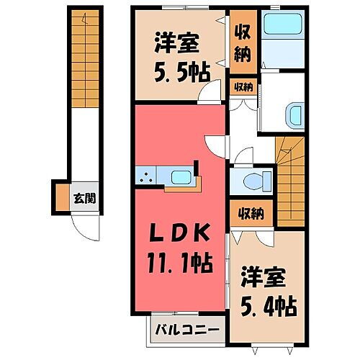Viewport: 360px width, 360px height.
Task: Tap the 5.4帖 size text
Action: click(268, 305)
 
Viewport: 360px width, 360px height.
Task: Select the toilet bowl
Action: click(251, 179)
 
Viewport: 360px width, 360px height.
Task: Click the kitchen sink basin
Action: click(180, 176)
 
